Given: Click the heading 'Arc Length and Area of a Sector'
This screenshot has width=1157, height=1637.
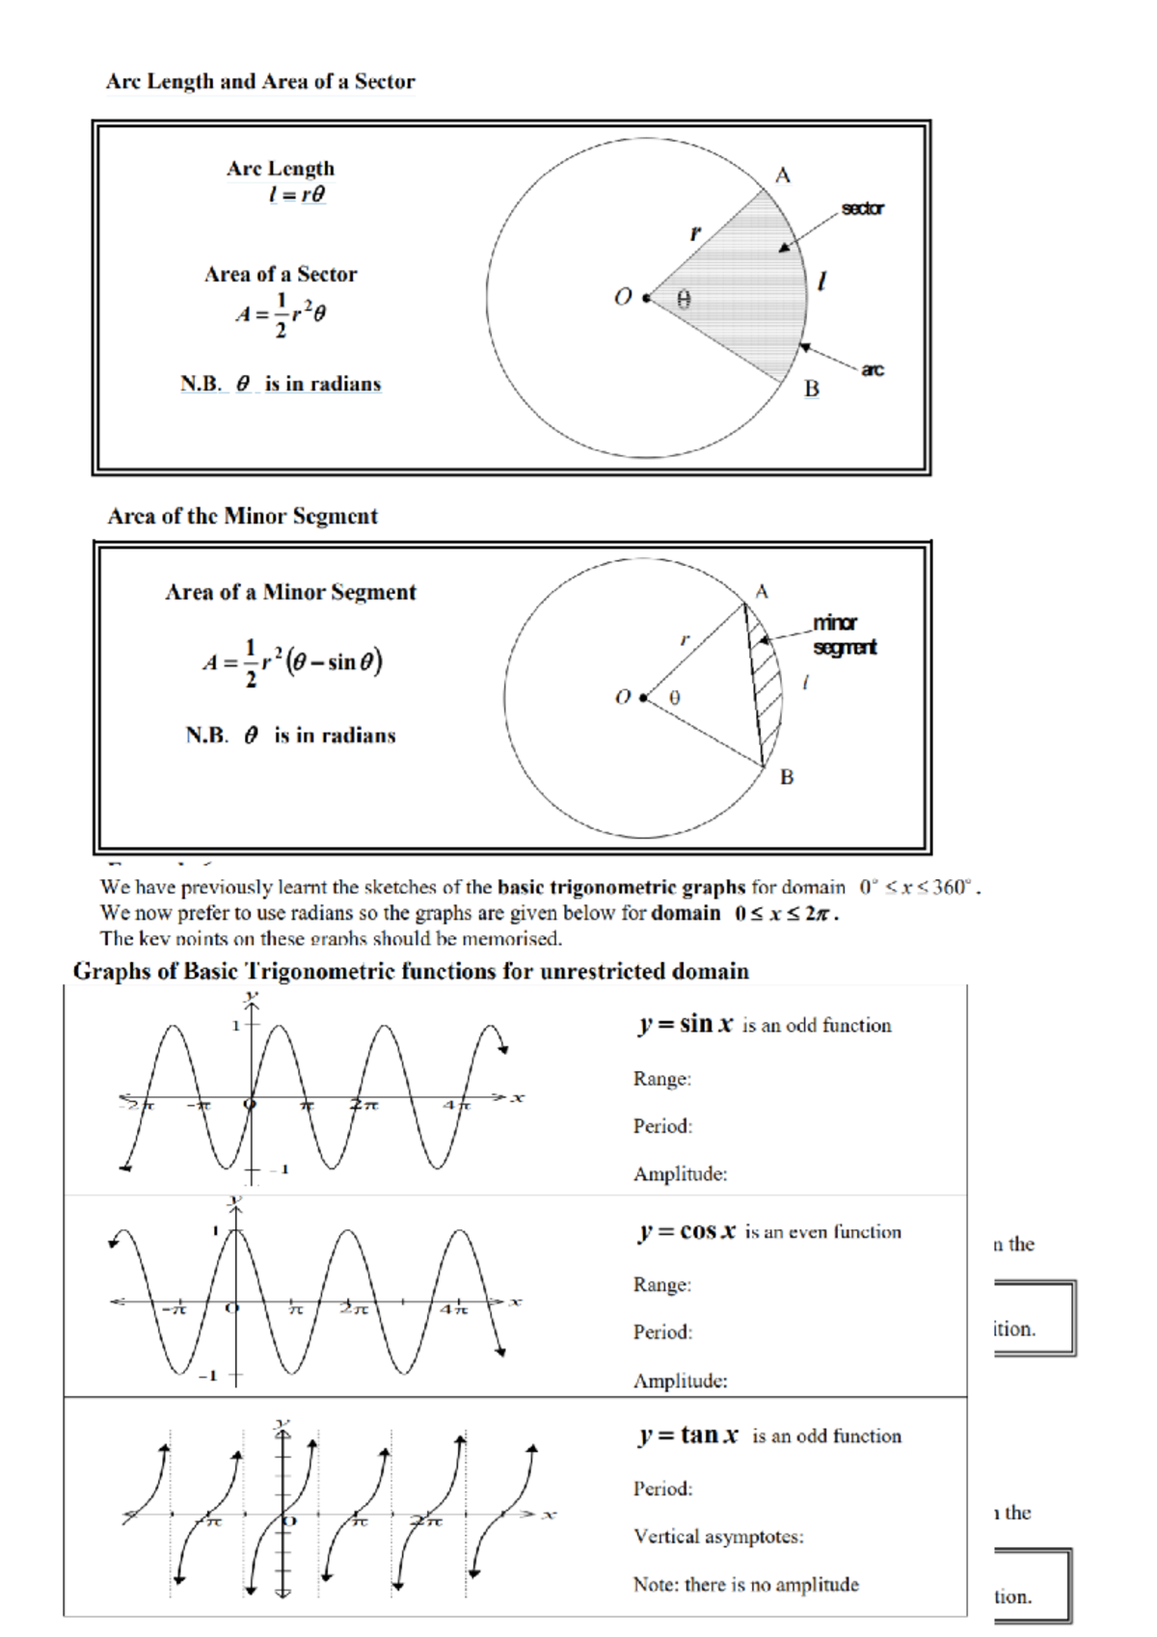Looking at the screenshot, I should click(260, 82).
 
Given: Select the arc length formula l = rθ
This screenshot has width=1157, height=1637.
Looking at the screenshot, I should click(297, 195).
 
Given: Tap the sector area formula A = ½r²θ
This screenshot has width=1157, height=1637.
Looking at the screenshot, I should click(281, 314).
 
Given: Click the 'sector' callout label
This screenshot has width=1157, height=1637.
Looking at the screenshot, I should click(862, 208).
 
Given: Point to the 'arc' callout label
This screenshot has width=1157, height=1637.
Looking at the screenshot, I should click(872, 369).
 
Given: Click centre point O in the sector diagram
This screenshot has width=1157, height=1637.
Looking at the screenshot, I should click(645, 298).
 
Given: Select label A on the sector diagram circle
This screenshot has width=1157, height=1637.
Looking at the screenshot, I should click(782, 175).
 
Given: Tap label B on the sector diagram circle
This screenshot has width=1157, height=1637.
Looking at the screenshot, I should click(812, 389).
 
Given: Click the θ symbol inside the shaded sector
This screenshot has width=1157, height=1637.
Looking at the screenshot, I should click(684, 300).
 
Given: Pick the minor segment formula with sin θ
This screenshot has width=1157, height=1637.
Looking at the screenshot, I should click(292, 663).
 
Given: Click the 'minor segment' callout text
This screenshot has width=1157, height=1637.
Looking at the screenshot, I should click(844, 634).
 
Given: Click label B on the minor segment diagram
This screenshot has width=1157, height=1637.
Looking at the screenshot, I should click(787, 777).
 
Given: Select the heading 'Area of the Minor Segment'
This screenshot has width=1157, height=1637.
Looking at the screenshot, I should click(242, 517).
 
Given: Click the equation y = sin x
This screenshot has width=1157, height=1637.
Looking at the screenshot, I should click(686, 1025).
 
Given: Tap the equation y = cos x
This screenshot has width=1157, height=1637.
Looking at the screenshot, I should click(687, 1232).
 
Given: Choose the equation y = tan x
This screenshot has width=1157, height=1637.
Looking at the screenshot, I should click(688, 1436).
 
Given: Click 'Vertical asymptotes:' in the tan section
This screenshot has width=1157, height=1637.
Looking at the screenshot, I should click(718, 1537).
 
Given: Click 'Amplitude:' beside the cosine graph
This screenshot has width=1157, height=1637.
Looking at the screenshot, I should click(680, 1381).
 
